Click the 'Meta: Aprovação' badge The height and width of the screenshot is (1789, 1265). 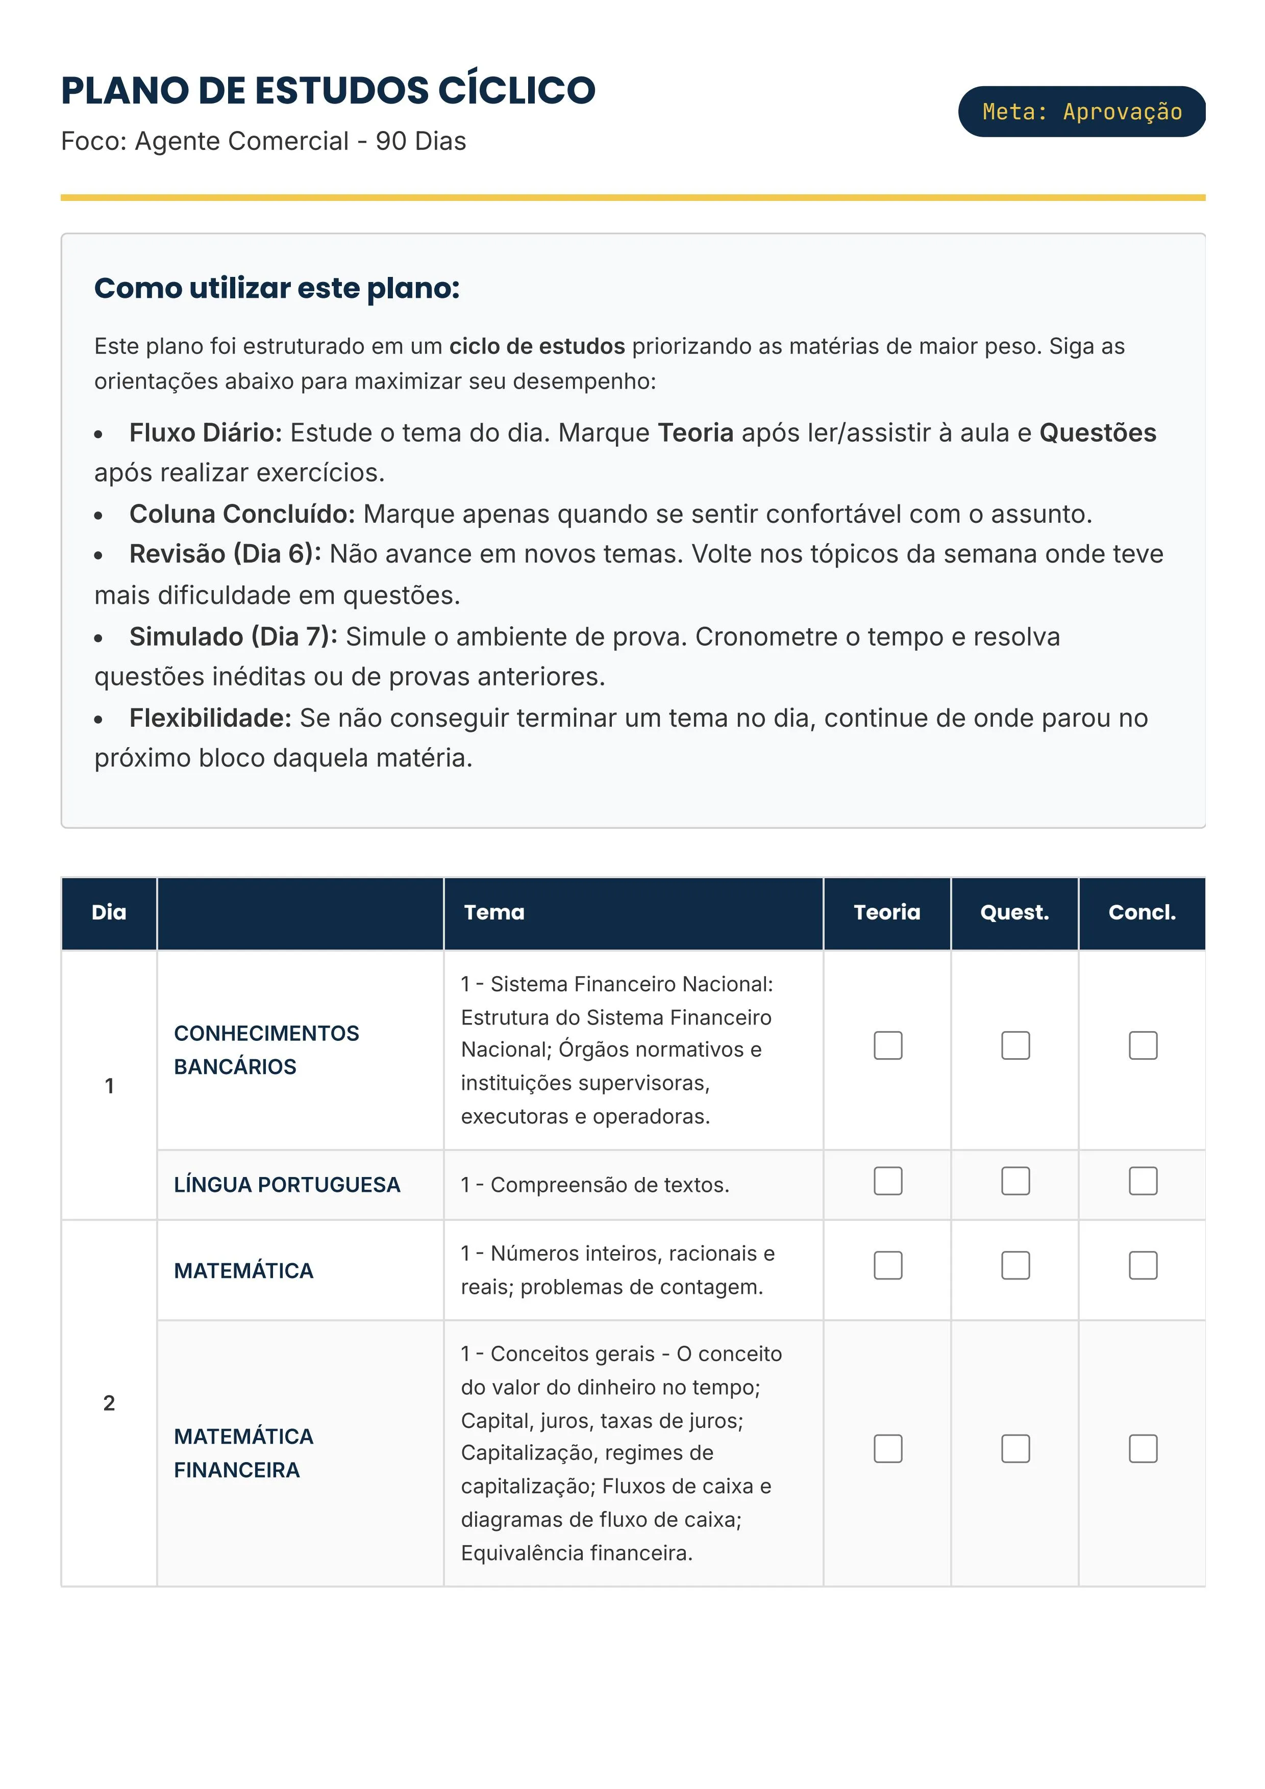[1081, 111]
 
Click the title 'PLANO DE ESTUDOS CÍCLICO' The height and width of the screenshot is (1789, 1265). [328, 90]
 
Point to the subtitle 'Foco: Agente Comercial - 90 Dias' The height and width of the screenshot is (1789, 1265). [263, 141]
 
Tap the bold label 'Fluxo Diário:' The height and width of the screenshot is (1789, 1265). [206, 432]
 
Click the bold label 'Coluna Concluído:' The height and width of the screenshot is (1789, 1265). [241, 514]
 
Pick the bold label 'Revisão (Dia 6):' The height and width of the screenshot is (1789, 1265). [225, 554]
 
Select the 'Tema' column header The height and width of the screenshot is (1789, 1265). [494, 912]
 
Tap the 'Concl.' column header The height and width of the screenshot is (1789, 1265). [1142, 912]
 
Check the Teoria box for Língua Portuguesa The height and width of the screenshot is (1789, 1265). [888, 1181]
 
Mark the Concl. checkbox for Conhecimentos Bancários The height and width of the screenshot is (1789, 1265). [1143, 1045]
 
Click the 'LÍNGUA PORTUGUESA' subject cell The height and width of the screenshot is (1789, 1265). [287, 1185]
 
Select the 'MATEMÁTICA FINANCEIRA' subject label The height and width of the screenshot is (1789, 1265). [243, 1453]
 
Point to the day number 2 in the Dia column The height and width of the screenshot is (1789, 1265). [109, 1403]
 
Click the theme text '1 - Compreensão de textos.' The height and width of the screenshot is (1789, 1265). [594, 1185]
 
